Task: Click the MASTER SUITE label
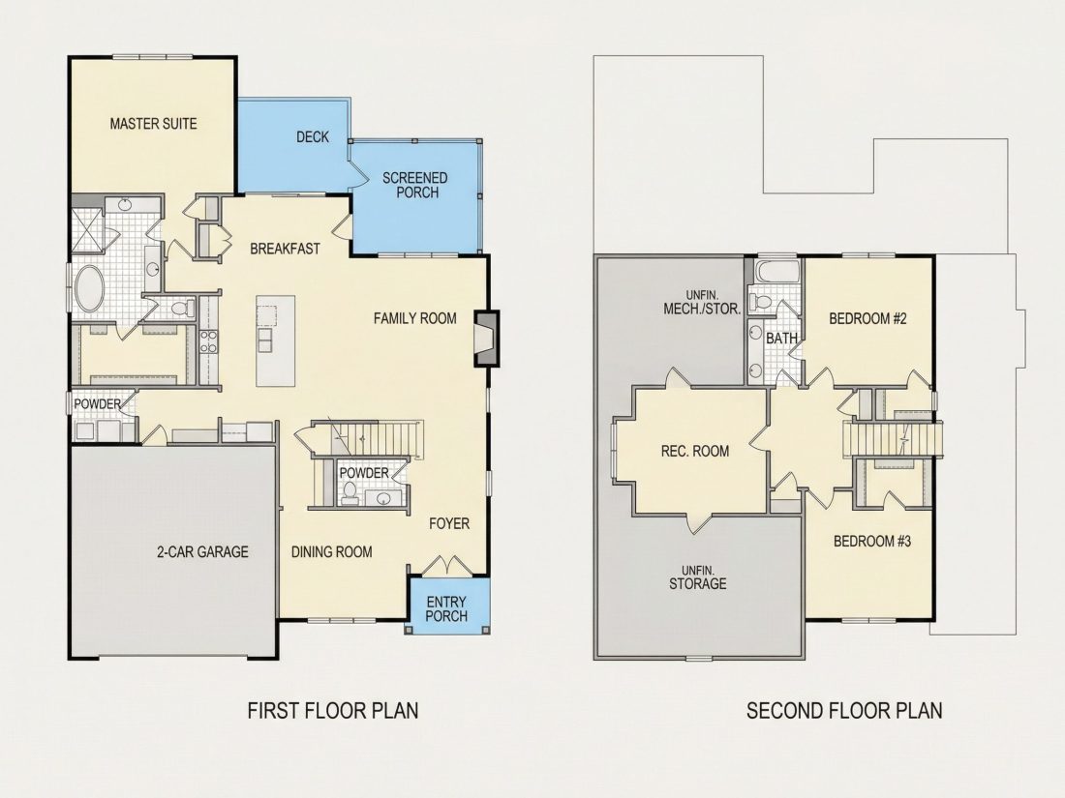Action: pos(154,124)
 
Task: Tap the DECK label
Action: pos(313,137)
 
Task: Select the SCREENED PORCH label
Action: pos(415,186)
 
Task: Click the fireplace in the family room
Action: pos(486,339)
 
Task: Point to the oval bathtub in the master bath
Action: pos(89,289)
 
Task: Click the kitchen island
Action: pos(275,340)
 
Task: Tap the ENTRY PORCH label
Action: pos(446,609)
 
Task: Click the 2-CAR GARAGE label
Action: pos(202,551)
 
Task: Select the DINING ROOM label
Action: pos(331,551)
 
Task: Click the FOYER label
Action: pos(449,523)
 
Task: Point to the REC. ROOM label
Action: pos(695,452)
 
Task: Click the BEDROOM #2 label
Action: pos(868,318)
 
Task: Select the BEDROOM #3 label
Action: pos(872,541)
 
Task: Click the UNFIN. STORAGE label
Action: pos(697,577)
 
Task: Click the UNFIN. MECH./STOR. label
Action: pos(702,302)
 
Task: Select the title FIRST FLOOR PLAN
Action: pos(333,711)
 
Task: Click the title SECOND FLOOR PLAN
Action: pos(844,711)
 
